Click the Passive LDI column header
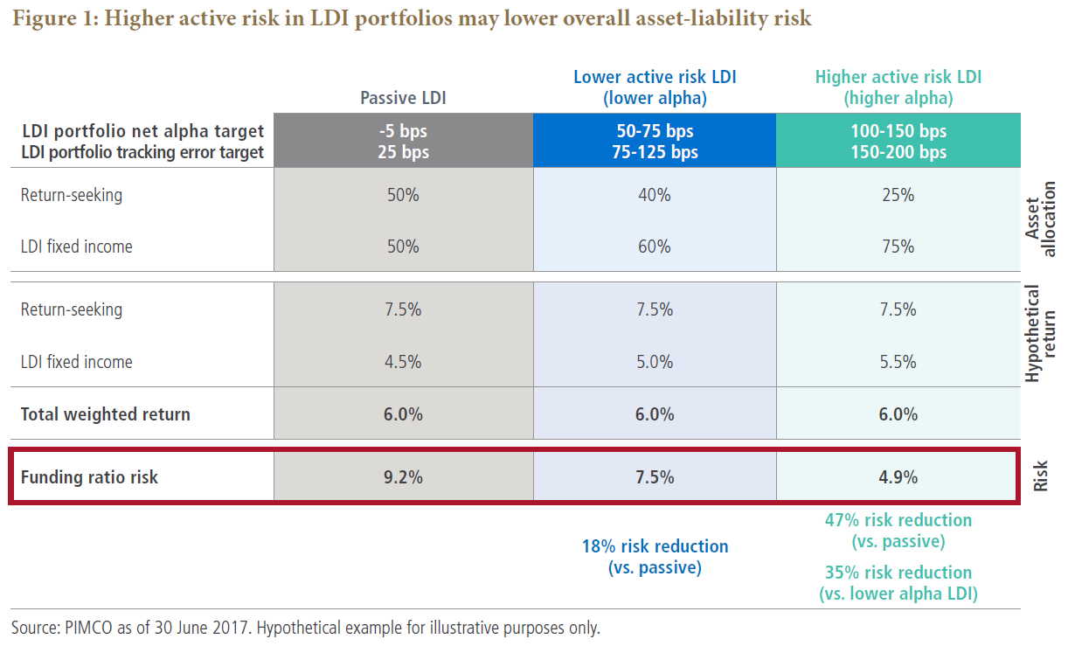[x=403, y=98]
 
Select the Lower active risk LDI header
[x=655, y=87]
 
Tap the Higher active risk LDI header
[x=898, y=87]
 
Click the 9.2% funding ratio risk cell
[x=403, y=477]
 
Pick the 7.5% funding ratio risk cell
[x=655, y=477]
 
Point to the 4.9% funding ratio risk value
[x=898, y=477]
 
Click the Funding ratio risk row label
[x=89, y=477]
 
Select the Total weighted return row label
[x=105, y=414]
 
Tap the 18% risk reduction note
[x=655, y=557]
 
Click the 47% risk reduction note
[x=898, y=531]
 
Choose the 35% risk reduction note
[x=898, y=583]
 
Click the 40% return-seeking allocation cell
[x=655, y=195]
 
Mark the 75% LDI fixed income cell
[x=898, y=247]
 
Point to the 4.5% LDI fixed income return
[x=403, y=362]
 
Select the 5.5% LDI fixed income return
[x=898, y=362]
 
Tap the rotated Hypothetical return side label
[x=1041, y=334]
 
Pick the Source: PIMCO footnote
[x=305, y=628]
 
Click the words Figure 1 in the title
[x=52, y=18]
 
